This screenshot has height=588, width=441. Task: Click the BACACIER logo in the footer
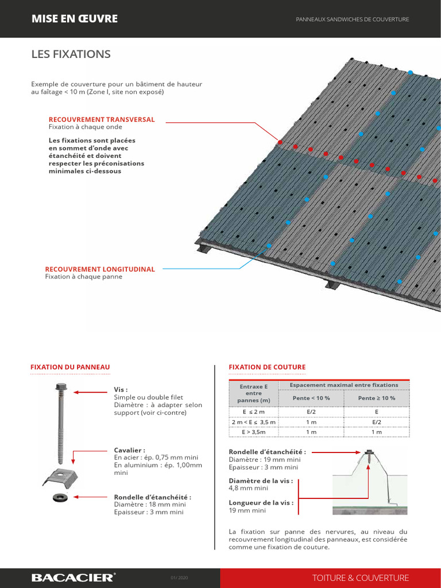73,578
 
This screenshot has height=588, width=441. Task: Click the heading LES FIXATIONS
71,55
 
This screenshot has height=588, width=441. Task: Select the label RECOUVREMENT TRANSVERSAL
102,119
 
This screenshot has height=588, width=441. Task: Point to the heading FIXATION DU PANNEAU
69,367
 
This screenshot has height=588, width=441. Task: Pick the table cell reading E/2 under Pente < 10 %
311,412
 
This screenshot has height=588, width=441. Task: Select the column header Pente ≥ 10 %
376,398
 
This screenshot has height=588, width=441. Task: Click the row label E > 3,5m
253,432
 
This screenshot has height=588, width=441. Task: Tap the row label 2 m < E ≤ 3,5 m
253,422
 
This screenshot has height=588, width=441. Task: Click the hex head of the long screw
60,387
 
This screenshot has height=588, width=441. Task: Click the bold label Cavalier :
130,450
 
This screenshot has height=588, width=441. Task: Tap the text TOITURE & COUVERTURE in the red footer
361,578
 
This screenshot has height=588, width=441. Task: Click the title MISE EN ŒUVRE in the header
75,19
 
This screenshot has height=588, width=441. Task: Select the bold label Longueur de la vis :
261,502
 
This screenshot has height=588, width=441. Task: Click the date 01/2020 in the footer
179,578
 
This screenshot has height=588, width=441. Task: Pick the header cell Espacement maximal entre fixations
343,385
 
